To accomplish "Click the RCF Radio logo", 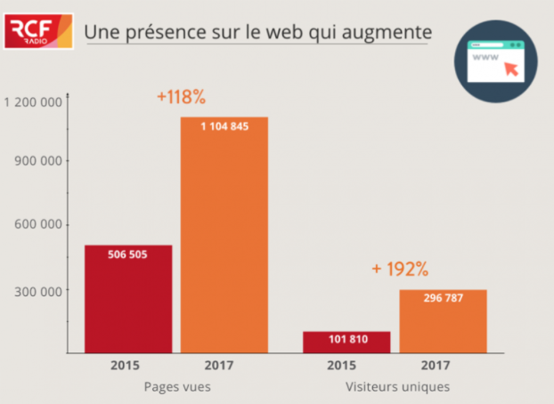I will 39,32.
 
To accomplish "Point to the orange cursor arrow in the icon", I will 510,70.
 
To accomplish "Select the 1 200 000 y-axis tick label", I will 33,102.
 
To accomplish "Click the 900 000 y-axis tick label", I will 41,161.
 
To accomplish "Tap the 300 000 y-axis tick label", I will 41,291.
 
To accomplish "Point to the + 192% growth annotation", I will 401,269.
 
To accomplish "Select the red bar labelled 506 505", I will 128,299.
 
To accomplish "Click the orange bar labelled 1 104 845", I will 224,235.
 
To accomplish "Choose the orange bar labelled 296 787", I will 443,321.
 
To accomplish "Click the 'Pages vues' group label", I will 177,387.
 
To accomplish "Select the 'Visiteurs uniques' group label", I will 397,387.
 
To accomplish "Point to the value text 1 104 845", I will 224,126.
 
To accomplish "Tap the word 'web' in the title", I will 308,32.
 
